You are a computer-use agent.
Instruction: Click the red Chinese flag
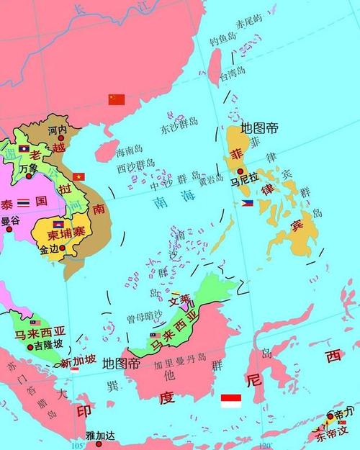pos(116,99)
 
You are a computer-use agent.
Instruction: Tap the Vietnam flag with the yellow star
pos(79,176)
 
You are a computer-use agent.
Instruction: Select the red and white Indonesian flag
pos(230,400)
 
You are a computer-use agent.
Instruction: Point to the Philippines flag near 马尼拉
pos(247,204)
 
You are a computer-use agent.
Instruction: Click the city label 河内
pos(57,130)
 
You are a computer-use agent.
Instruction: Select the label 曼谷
pos(9,220)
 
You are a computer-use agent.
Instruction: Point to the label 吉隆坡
pos(48,346)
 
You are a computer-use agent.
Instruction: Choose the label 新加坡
pos(76,361)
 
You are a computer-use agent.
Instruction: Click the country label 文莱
pos(180,299)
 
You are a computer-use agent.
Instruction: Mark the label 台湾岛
pos(232,73)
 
